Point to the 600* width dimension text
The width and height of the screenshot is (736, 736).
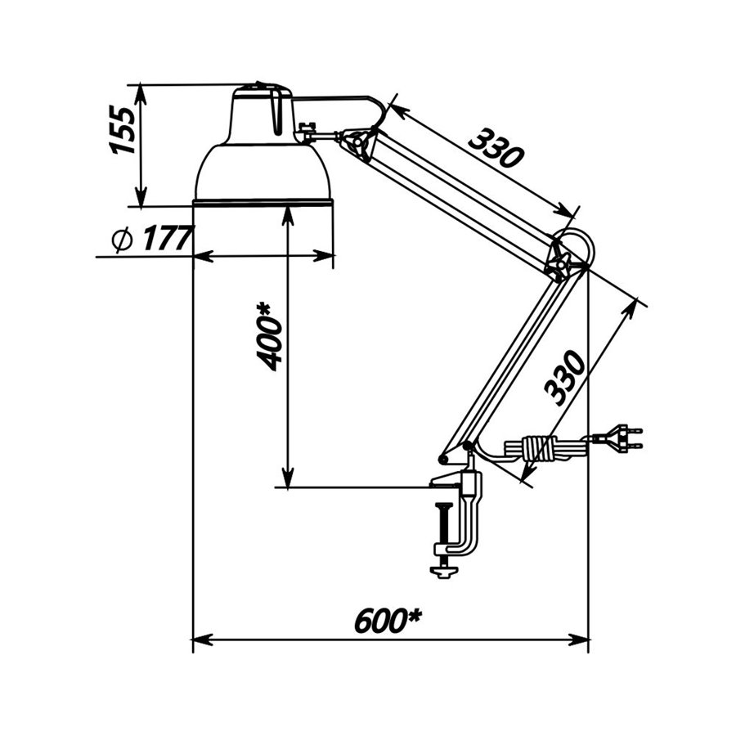click(x=388, y=621)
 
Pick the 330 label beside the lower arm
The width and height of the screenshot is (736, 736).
click(x=564, y=377)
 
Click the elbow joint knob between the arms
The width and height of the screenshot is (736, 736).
click(x=560, y=264)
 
